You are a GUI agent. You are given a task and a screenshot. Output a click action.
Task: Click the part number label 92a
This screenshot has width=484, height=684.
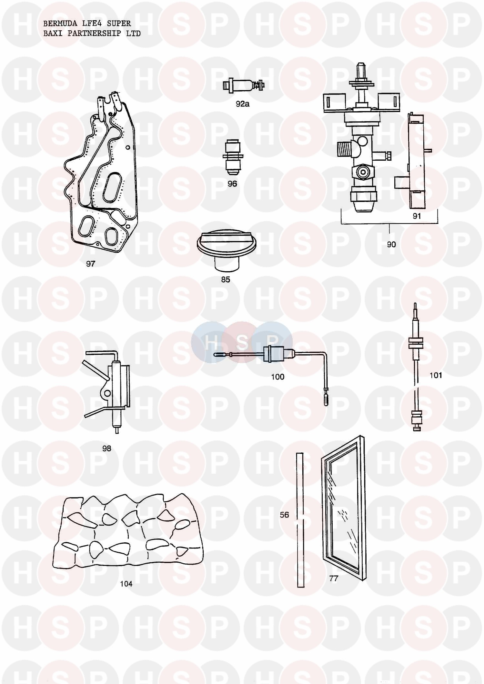pos(242,104)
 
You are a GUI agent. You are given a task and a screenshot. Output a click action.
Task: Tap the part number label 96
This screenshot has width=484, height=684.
pos(232,184)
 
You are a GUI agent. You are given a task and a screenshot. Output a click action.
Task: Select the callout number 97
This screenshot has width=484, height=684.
pos(90,264)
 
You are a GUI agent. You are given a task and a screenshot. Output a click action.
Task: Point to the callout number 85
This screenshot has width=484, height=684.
pos(225,279)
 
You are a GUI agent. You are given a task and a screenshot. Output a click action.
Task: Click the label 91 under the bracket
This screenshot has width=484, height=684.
pos(417,216)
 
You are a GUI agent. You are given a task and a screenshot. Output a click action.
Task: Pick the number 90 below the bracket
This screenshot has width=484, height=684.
pos(391,244)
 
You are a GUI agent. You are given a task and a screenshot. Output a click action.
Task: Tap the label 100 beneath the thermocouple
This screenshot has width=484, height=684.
pos(277,377)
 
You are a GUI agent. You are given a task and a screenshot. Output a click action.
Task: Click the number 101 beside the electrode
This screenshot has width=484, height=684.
pos(436,375)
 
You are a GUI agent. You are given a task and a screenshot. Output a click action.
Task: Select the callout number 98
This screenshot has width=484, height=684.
pos(106,448)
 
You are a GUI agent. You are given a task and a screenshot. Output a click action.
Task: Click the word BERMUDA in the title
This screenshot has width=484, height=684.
pos(60,23)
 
